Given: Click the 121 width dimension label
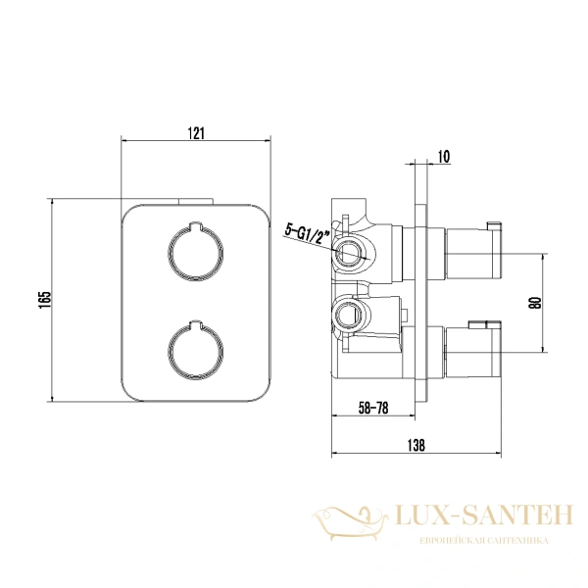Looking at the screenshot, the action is coord(196,133).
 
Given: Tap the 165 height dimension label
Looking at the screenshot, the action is coord(44,300).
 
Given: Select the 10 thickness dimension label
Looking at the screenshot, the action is coord(444,157).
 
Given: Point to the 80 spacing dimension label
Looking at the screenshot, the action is coord(536,302).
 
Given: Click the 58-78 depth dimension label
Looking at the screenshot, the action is coord(373,408).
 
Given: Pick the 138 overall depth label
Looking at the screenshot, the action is coord(416,445).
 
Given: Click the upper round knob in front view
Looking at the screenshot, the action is coord(195,252).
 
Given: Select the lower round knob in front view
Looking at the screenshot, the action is coord(195,350).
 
